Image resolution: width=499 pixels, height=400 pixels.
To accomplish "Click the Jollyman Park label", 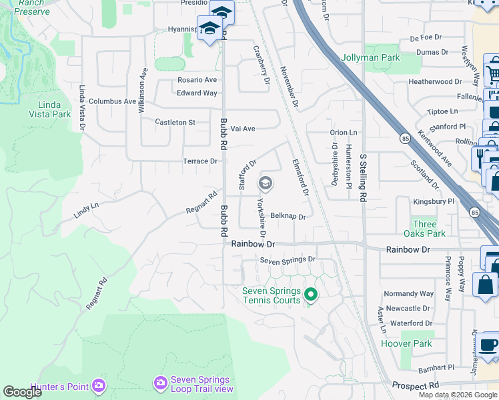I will [x=370, y=58].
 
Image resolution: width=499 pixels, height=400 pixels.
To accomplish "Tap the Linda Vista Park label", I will [x=51, y=110].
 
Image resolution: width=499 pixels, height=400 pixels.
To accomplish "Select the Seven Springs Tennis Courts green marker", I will [x=310, y=293].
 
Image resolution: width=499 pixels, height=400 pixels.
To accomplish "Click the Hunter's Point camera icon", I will [x=99, y=385].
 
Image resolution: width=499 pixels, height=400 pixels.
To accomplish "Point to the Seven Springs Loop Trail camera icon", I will [x=160, y=383].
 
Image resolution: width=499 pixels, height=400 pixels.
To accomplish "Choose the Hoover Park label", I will [x=406, y=344].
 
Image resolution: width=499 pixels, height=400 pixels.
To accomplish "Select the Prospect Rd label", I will [x=415, y=385].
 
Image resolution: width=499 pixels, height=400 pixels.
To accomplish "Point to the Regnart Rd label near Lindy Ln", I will [x=203, y=203].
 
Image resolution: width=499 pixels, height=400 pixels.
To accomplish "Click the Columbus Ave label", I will [x=112, y=101].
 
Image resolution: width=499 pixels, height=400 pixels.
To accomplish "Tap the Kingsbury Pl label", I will [x=434, y=200].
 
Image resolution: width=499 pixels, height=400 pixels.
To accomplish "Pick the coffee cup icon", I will [x=489, y=345].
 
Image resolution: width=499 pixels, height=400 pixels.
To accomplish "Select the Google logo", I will [x=22, y=392].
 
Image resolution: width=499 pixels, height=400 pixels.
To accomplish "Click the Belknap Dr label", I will [x=288, y=217].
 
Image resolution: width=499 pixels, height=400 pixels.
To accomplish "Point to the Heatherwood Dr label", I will [x=435, y=82].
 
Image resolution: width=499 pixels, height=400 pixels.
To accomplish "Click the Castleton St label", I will [x=175, y=123].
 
